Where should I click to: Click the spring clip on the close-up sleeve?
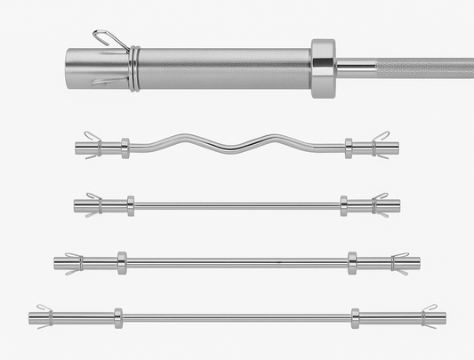pos(132,68)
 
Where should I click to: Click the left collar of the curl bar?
pos(125,148)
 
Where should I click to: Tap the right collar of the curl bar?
pos(348,148)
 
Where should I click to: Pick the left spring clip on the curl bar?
pos(92,146)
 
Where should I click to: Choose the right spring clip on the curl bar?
pos(380,146)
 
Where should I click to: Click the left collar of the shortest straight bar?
pos(131,206)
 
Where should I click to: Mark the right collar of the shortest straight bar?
pos(343,206)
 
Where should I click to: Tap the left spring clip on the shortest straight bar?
pos(92,205)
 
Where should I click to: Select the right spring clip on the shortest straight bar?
pos(380,205)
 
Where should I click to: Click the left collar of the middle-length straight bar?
pos(122,262)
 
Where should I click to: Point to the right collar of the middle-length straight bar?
pos(352,262)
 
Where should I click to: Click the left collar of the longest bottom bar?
pos(117,317)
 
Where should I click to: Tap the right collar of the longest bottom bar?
pos(356,317)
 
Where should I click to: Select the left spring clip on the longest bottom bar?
pos(44,316)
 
